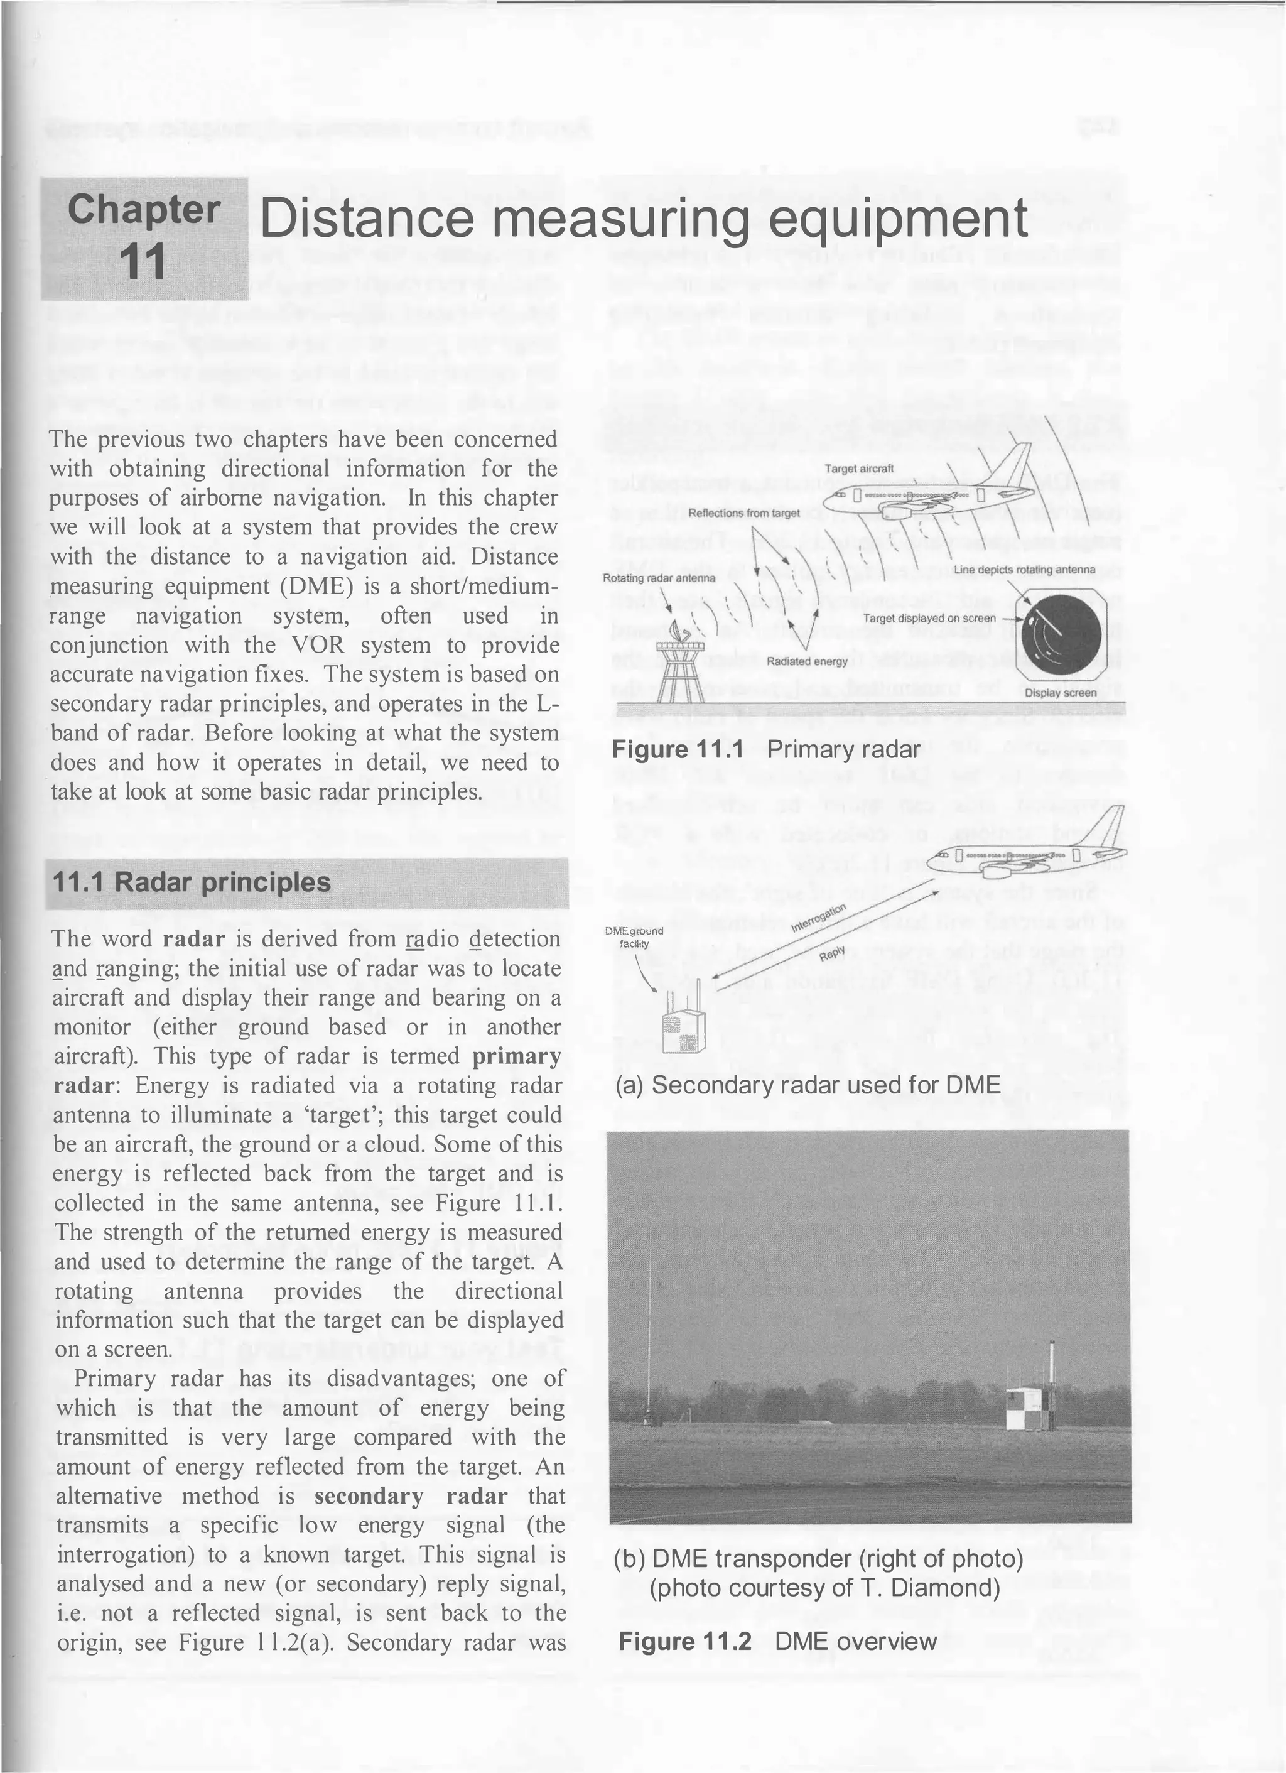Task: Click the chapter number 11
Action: (x=144, y=262)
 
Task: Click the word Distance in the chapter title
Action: (x=366, y=220)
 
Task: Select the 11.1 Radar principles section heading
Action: (x=192, y=882)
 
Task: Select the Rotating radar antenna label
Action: (x=659, y=578)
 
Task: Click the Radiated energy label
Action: (x=807, y=661)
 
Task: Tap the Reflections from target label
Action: (x=743, y=513)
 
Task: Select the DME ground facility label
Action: (x=635, y=936)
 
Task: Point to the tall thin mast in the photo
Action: (x=649, y=1329)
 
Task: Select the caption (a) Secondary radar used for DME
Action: (x=808, y=1085)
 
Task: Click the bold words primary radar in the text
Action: (x=516, y=1056)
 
